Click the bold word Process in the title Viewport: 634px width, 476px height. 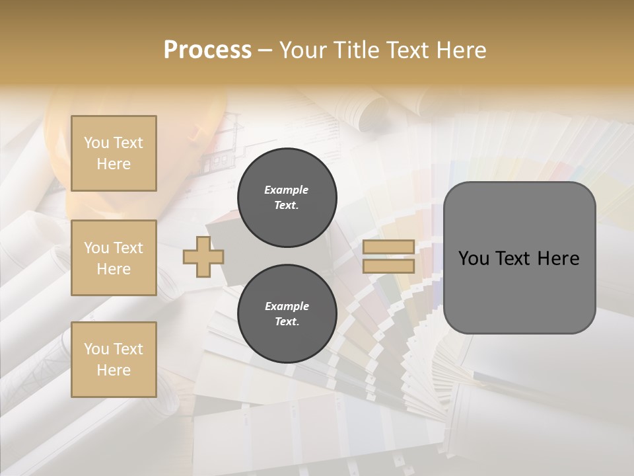click(207, 50)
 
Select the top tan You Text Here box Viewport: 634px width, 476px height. click(114, 153)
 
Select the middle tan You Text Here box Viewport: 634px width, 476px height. click(114, 258)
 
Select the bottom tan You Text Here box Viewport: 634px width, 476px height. click(114, 360)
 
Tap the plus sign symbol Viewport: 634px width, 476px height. click(203, 257)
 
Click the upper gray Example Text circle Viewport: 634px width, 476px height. click(287, 198)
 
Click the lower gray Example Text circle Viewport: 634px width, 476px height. click(287, 313)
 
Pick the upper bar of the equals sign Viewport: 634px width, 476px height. click(388, 247)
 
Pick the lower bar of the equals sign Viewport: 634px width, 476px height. click(388, 266)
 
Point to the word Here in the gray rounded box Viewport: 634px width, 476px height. click(558, 258)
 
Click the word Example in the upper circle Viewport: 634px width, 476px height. click(287, 190)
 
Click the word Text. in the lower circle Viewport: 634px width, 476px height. click(287, 321)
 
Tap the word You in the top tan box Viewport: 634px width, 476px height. click(96, 143)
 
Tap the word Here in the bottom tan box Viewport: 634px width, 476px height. click(114, 370)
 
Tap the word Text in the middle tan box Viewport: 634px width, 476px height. click(128, 248)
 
